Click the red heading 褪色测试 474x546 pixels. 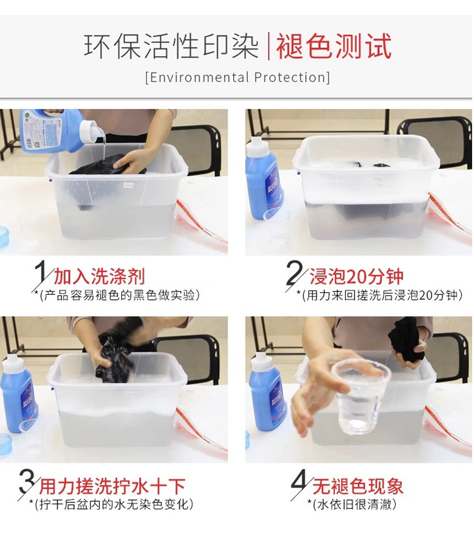point(334,46)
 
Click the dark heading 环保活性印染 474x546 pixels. point(171,46)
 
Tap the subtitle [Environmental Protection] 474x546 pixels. point(238,77)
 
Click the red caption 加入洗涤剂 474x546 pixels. point(99,277)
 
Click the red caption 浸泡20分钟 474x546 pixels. point(356,277)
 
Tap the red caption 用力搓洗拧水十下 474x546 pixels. point(112,486)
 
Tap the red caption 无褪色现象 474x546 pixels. point(358,486)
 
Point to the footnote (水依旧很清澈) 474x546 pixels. point(352,504)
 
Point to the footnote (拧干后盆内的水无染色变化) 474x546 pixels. point(111,504)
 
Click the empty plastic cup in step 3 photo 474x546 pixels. point(32,437)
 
